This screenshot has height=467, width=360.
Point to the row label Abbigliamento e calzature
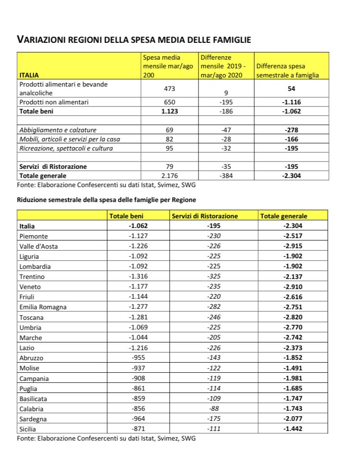coord(58,130)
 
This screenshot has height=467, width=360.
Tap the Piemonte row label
coord(35,236)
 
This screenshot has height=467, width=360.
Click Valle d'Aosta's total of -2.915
coord(293,246)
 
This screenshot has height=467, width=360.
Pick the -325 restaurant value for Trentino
coord(214,277)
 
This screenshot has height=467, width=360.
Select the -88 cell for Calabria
coord(214,409)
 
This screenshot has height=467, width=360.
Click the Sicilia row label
coord(27,429)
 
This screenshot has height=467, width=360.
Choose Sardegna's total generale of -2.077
coord(293,419)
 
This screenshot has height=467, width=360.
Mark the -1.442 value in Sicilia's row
coord(293,429)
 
